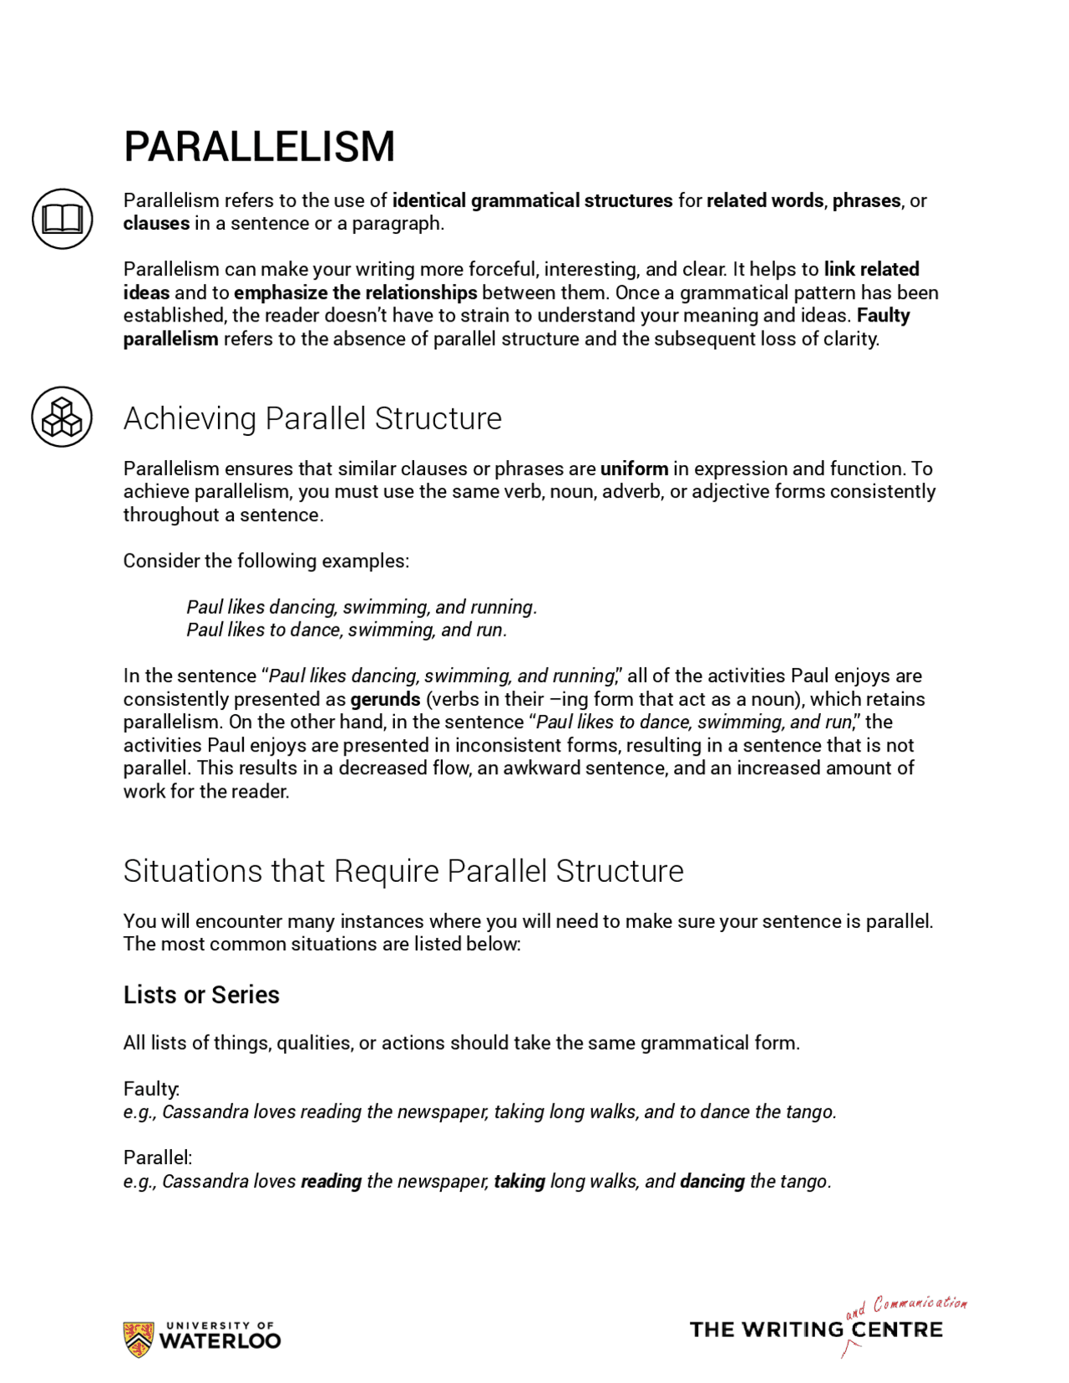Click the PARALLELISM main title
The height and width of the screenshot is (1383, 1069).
coord(259,147)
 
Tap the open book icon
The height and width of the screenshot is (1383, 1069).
coord(62,219)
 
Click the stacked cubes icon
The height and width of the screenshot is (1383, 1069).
coord(62,416)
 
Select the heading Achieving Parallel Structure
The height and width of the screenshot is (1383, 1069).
coord(312,418)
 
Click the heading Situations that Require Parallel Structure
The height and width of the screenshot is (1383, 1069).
coord(403,871)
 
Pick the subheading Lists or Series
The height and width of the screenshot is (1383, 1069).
coord(201,995)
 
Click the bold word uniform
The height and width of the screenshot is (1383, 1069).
coord(634,469)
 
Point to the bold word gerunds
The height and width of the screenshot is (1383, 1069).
coord(385,699)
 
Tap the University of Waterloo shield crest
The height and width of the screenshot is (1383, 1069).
coord(138,1339)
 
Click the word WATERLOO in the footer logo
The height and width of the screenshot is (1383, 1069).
coord(220,1341)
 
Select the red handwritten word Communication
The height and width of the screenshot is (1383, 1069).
coord(920,1304)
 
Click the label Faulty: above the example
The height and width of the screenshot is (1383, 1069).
coord(151,1088)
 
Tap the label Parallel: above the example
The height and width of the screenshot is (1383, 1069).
coord(157,1158)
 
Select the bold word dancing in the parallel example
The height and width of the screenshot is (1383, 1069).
coord(712,1181)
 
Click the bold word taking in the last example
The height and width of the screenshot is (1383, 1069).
coord(519,1181)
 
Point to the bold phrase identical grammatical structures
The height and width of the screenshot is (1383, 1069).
coord(532,200)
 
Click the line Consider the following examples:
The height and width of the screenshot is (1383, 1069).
coord(266,560)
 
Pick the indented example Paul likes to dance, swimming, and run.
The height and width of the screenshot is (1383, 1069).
coord(347,630)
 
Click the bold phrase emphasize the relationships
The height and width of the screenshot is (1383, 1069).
coord(355,292)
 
